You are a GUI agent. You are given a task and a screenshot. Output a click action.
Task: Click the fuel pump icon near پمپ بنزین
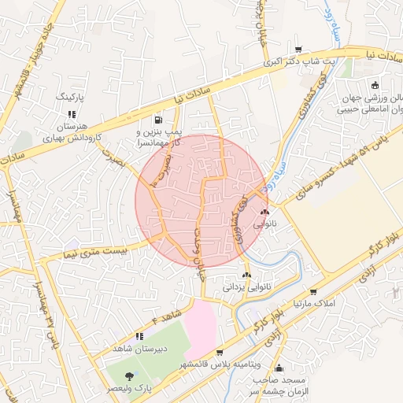click(x=161, y=120)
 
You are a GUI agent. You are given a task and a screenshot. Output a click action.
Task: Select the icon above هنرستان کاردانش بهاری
click(x=70, y=113)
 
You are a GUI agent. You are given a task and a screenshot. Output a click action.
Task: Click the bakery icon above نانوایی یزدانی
click(x=248, y=275)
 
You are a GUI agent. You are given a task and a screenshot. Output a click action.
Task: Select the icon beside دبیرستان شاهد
click(x=140, y=336)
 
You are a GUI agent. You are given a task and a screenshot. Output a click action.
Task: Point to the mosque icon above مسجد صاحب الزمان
click(x=278, y=368)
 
